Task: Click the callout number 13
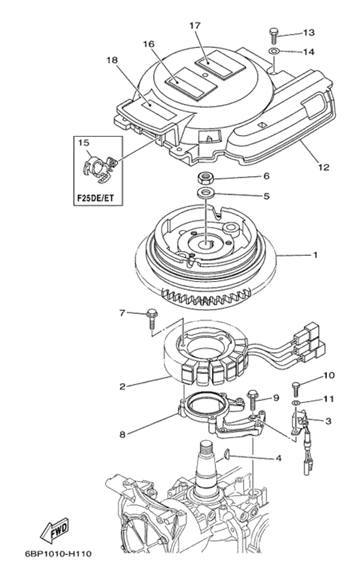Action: [x=309, y=32]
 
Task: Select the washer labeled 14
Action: [x=274, y=52]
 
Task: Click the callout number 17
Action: [x=195, y=25]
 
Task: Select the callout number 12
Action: [x=323, y=168]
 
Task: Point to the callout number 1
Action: [x=315, y=255]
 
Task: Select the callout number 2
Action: [x=122, y=387]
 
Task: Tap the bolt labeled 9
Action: [x=252, y=398]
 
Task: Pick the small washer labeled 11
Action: [x=297, y=402]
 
